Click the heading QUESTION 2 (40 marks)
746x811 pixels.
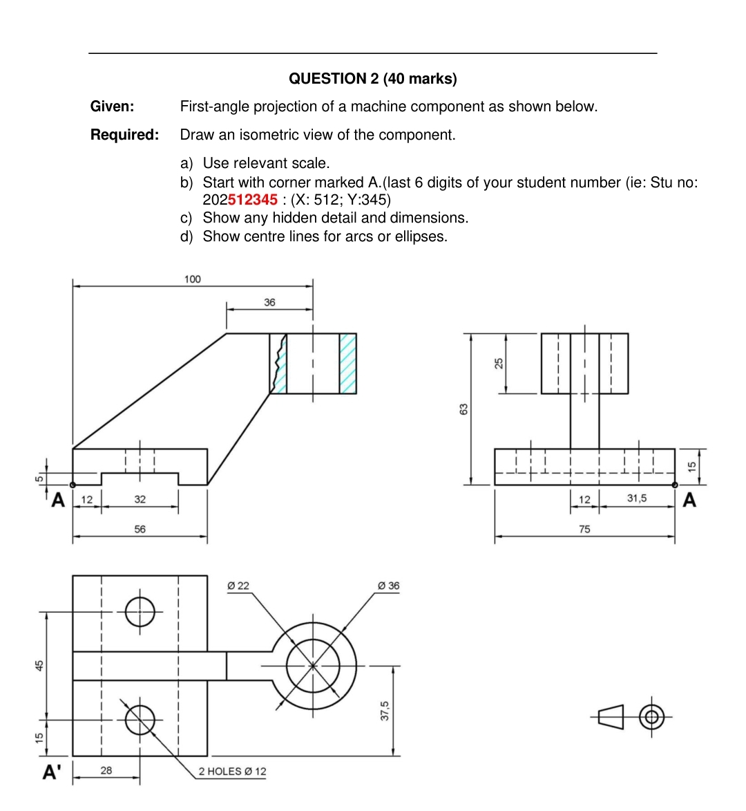pos(372,79)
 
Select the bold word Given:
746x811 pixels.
pos(112,106)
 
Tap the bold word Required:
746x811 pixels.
pos(124,135)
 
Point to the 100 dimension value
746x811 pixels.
pos(192,279)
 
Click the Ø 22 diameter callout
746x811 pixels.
pos(238,586)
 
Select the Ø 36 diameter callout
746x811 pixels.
pos(389,586)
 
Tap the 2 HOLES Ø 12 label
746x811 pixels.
pos(232,772)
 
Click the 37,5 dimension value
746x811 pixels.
pos(385,710)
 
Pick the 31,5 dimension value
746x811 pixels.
pos(636,498)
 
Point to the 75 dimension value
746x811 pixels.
pos(584,529)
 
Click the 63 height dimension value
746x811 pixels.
pos(464,409)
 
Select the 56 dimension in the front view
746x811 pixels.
pos(140,529)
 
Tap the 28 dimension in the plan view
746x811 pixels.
pos(106,770)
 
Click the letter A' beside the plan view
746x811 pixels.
pos(52,772)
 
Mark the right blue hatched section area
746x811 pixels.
pos(348,364)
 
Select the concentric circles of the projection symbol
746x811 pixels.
pos(651,717)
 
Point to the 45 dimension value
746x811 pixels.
pos(39,665)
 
